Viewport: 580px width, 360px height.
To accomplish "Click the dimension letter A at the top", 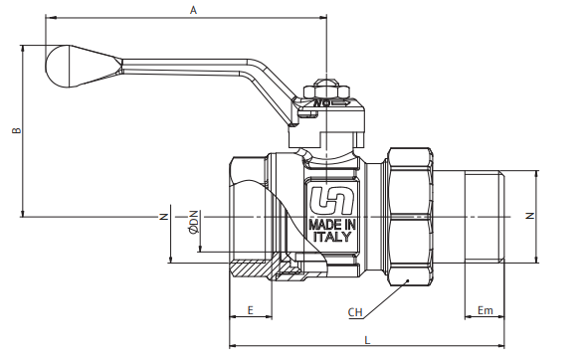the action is tap(193, 10).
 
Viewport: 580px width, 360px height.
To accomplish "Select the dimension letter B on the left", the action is tap(17, 130).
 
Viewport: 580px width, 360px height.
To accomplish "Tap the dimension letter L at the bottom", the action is tap(367, 340).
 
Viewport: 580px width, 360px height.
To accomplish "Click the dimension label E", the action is tap(251, 310).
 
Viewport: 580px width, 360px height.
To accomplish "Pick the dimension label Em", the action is tap(484, 310).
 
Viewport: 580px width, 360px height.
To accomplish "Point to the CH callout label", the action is tap(355, 312).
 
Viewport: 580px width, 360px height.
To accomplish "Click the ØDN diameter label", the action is tap(193, 222).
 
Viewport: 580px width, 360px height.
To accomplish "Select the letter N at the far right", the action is tap(530, 216).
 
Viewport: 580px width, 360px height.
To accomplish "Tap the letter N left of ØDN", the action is tap(163, 217).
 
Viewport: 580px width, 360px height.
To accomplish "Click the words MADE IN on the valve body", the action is tap(332, 225).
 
